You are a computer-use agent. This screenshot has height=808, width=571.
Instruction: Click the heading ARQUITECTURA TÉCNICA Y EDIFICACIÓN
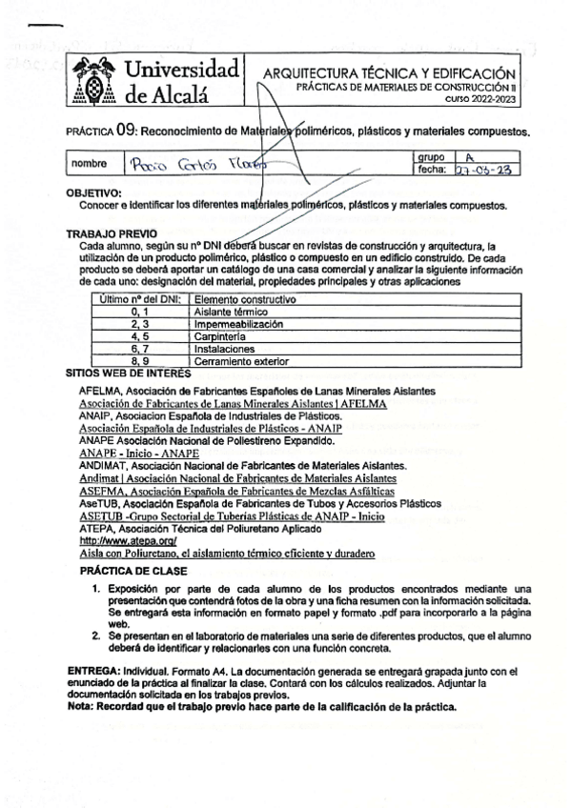[390, 73]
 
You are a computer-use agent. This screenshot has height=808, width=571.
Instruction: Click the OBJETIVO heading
[94, 192]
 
